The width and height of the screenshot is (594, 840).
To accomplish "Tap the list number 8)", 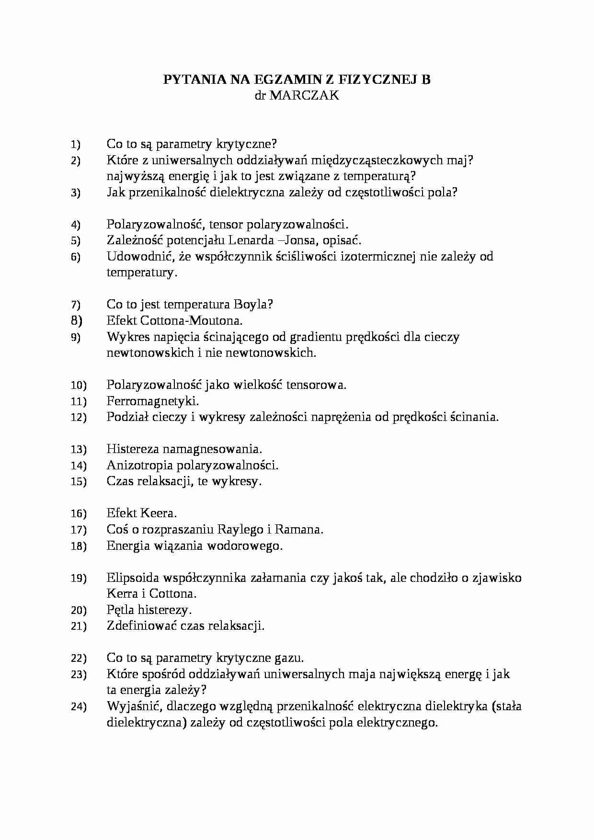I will click(x=77, y=320).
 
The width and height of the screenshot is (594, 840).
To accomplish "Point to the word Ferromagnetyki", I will click(x=152, y=401).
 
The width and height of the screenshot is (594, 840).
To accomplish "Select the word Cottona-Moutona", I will click(x=193, y=320).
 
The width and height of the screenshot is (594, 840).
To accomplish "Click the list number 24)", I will click(x=79, y=707).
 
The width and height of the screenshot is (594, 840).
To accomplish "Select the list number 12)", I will click(x=79, y=418).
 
